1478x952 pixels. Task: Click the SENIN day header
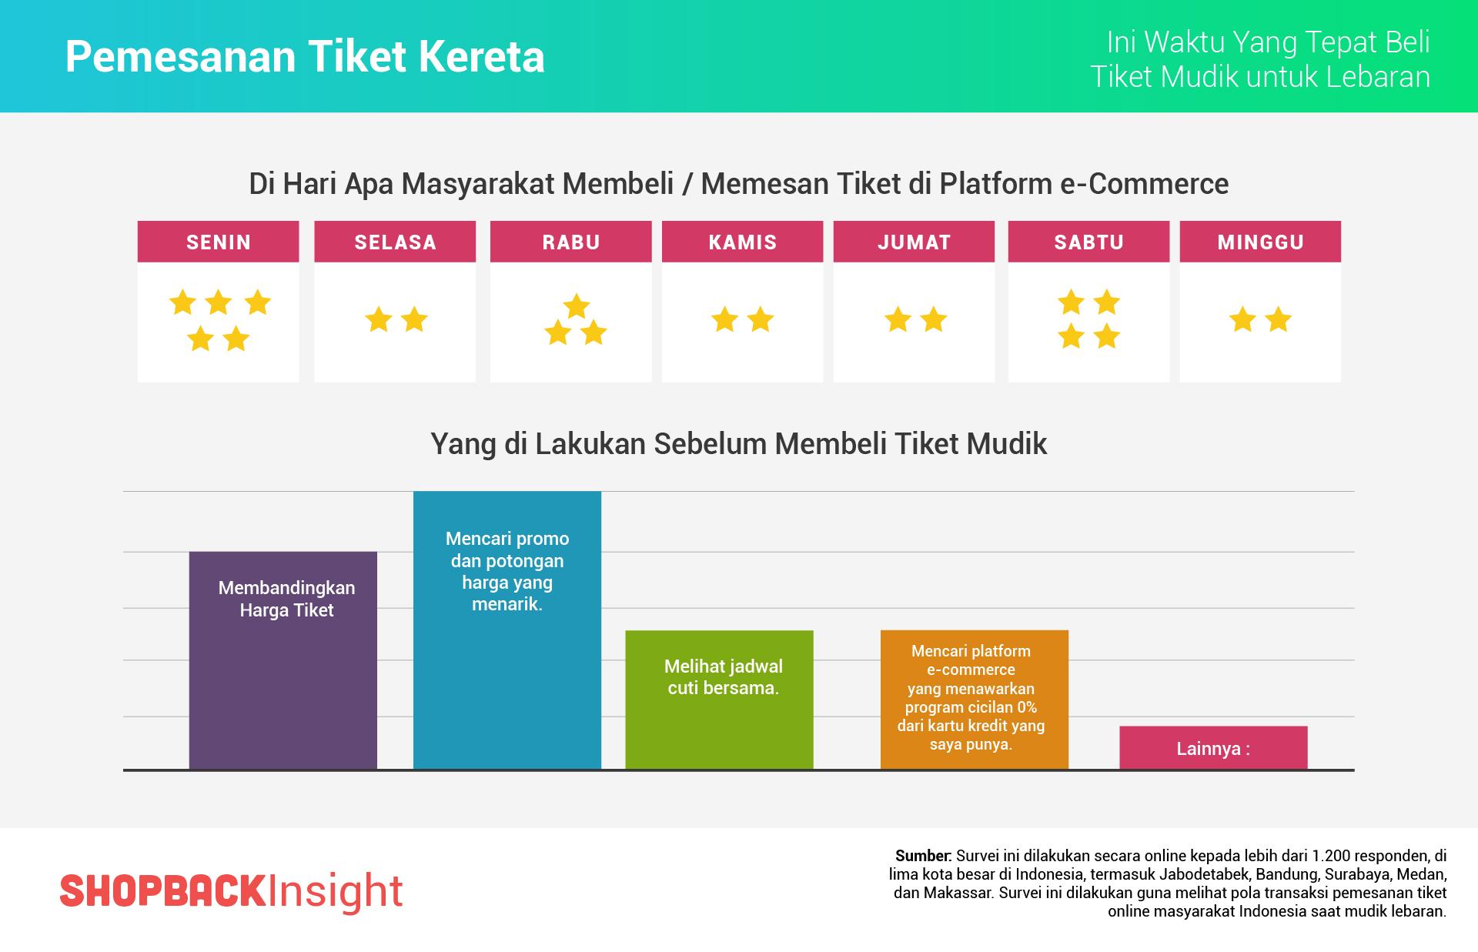click(x=219, y=242)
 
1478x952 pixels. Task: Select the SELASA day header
click(x=395, y=242)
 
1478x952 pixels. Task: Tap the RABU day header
click(x=571, y=242)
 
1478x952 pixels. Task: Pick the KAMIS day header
click(x=743, y=242)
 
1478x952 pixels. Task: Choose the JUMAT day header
click(x=915, y=242)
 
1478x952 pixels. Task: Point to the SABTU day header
click(x=1089, y=242)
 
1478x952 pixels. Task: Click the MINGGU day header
click(x=1261, y=242)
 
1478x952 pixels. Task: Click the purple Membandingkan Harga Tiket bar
click(x=283, y=677)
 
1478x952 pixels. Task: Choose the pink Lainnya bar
click(x=1213, y=748)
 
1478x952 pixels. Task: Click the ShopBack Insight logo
click(x=231, y=891)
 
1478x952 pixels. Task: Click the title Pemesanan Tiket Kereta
click(x=305, y=57)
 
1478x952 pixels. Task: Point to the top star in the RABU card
click(x=577, y=306)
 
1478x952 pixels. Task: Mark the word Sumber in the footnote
click(x=924, y=856)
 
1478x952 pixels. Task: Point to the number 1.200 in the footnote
click(x=1331, y=856)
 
